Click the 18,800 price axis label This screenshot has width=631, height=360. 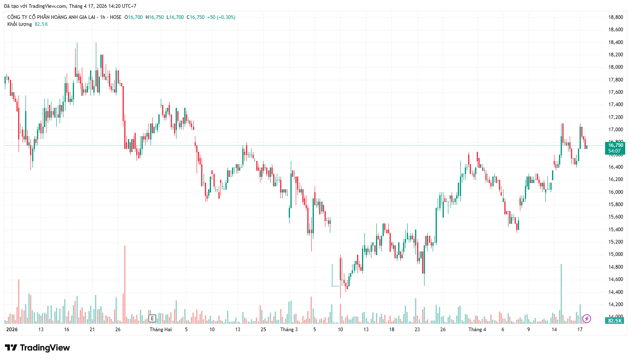[615, 17]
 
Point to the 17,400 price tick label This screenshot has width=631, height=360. [615, 105]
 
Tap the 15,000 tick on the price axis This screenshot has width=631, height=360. [615, 254]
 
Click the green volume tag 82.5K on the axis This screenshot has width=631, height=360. [615, 321]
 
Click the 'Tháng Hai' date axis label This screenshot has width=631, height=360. [160, 330]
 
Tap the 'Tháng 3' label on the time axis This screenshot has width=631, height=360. [289, 330]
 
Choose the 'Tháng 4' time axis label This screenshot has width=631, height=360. [477, 330]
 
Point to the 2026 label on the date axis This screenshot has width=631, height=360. [12, 330]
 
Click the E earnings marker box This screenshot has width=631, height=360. [152, 318]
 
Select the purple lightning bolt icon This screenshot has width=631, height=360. [587, 318]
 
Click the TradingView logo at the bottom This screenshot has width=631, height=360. [37, 348]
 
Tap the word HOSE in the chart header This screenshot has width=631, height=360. [116, 17]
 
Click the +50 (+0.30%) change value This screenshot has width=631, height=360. [221, 17]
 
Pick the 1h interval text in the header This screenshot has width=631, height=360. [103, 17]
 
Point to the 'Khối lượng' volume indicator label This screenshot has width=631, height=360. [19, 24]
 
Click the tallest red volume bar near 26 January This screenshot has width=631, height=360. [125, 284]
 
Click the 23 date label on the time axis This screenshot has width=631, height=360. [417, 330]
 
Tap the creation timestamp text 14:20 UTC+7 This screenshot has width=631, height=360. [122, 6]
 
